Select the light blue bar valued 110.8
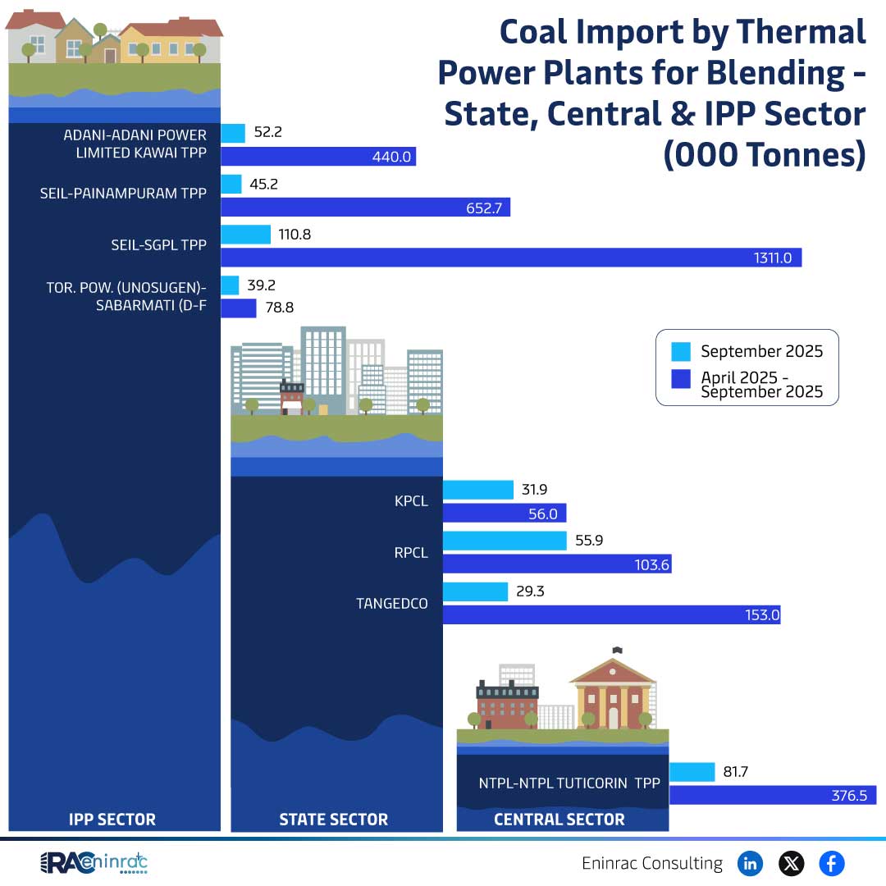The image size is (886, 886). (246, 235)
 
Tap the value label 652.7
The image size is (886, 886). (484, 208)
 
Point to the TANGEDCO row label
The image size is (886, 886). (392, 603)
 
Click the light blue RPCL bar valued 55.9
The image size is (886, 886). (504, 541)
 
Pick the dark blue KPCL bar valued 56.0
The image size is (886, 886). (504, 514)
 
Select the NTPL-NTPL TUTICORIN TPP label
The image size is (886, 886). (569, 783)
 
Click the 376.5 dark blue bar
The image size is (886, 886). (771, 795)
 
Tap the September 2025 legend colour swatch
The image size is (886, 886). (681, 352)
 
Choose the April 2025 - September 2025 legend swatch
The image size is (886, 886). (681, 379)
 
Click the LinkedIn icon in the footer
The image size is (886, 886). (750, 863)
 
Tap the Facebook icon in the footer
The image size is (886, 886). (831, 863)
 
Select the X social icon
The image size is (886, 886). (791, 863)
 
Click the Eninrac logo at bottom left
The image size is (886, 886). (94, 863)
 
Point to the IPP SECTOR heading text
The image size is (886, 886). (112, 819)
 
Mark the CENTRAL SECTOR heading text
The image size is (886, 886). (559, 819)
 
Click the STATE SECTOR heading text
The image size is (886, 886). (333, 819)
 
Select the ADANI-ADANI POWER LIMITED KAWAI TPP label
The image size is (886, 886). (135, 143)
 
